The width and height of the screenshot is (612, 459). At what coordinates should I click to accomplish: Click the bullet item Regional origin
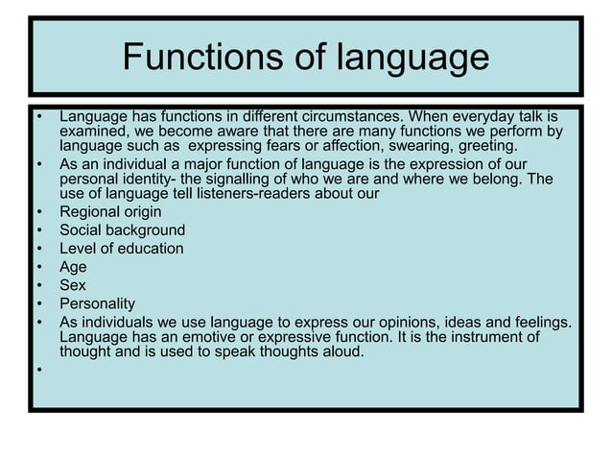110,212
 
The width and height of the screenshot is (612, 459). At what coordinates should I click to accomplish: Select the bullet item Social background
122,230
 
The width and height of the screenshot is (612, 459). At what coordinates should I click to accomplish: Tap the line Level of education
121,249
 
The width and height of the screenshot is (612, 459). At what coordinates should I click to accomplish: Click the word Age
73,267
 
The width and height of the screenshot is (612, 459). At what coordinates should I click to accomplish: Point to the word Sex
72,285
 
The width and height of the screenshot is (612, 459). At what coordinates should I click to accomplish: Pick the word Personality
97,303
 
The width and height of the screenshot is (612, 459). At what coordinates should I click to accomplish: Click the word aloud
342,351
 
